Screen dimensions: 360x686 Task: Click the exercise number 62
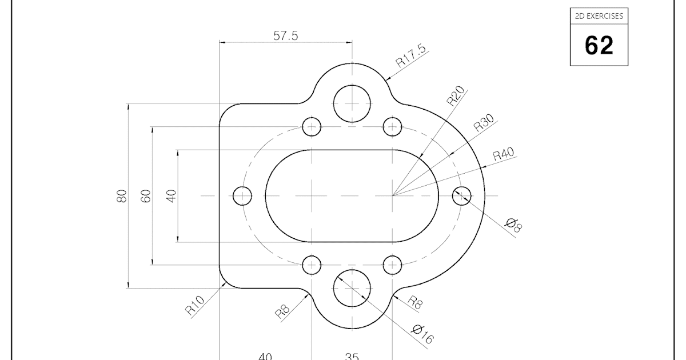click(599, 45)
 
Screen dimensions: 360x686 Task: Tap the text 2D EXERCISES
click(599, 17)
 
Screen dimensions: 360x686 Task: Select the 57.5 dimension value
click(286, 35)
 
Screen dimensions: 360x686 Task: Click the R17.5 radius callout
click(410, 57)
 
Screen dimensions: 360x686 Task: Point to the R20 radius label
click(456, 96)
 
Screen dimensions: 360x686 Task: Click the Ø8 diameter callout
click(514, 225)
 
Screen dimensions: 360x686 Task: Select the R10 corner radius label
click(195, 306)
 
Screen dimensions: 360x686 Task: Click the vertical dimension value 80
click(121, 196)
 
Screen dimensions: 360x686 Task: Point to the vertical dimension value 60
click(146, 196)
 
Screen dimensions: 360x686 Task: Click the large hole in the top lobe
click(352, 103)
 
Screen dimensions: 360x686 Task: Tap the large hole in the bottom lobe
click(352, 288)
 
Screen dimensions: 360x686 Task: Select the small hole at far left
click(242, 195)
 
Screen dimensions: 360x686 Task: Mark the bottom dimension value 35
click(352, 357)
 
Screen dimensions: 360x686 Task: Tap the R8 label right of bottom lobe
click(414, 303)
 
